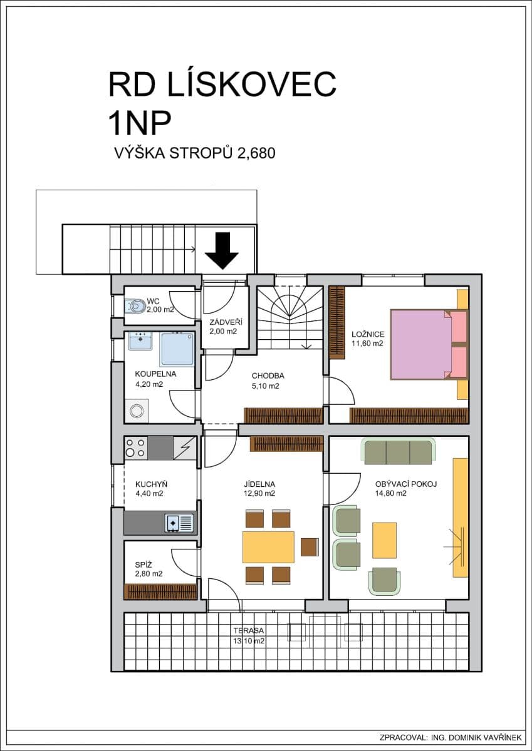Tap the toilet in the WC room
pos(135,305)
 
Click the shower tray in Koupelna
pos(177,349)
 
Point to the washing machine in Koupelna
pos(137,411)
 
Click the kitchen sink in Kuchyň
pos(179,523)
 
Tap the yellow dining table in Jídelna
pos(268,546)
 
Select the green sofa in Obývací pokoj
pos(398,451)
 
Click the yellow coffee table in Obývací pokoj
pos(384,540)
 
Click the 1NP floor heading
pos(140,123)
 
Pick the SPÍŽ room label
pos(143,563)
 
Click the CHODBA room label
pos(268,376)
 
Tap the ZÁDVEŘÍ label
pos(225,322)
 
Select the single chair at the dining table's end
pos(309,546)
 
